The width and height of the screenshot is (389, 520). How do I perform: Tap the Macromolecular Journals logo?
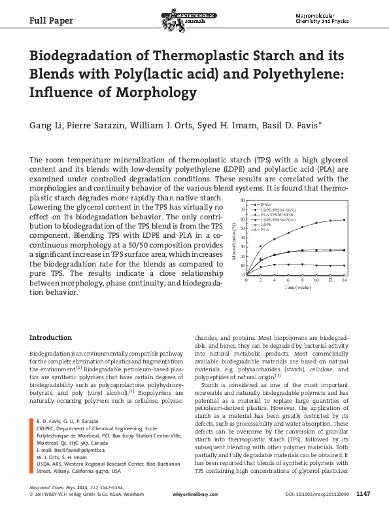(186, 18)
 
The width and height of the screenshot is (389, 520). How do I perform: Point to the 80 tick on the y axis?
(243, 199)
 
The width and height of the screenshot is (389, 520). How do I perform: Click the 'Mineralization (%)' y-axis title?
(235, 239)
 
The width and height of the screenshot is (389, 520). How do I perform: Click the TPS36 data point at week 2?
(260, 246)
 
